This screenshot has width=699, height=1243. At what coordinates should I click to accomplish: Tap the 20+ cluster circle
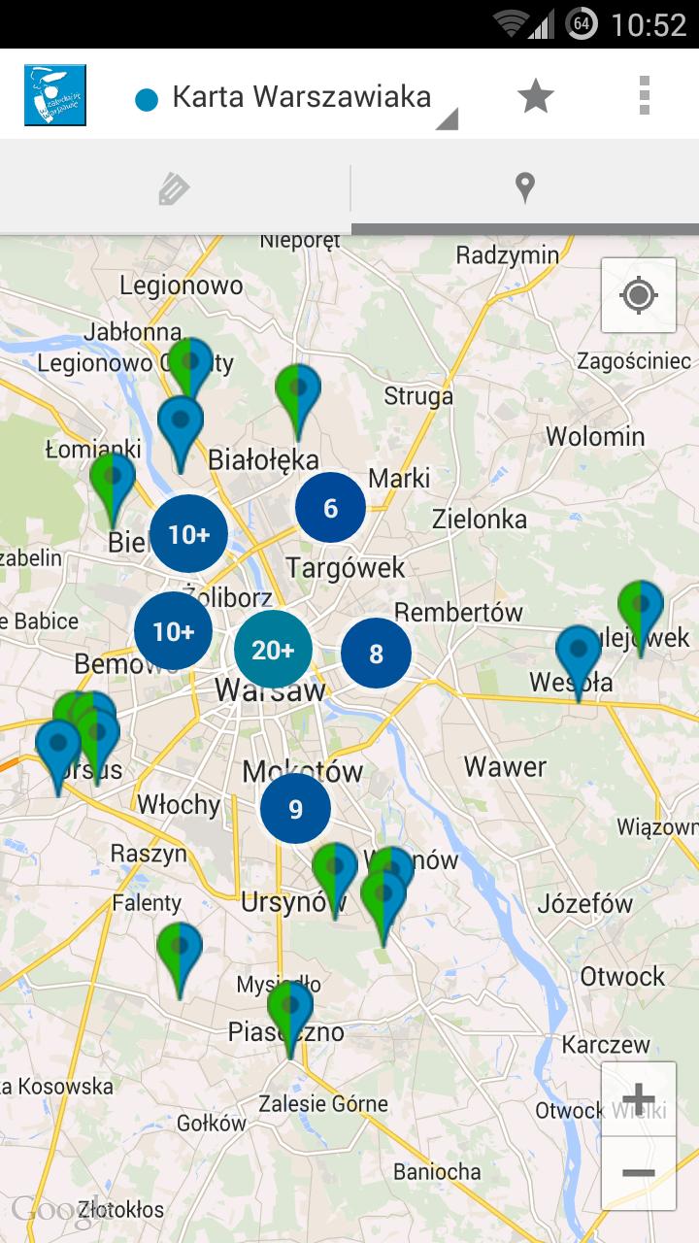click(x=273, y=650)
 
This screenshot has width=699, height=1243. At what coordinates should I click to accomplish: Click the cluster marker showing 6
click(x=330, y=508)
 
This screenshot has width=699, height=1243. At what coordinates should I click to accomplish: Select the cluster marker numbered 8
click(x=376, y=654)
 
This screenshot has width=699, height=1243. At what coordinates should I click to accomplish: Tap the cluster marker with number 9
click(x=295, y=808)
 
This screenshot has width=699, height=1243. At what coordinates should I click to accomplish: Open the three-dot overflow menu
click(x=644, y=95)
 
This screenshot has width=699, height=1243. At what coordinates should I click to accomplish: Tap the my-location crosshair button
click(x=638, y=294)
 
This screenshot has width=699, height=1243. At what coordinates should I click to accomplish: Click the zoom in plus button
click(x=638, y=1100)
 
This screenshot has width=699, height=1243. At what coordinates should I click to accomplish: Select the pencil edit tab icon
click(x=174, y=187)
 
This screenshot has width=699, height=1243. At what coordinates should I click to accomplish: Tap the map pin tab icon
click(x=524, y=187)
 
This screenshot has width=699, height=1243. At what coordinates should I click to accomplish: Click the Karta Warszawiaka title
click(x=301, y=97)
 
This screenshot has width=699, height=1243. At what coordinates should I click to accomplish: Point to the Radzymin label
click(x=508, y=255)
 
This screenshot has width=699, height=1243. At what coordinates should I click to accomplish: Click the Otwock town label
click(x=622, y=976)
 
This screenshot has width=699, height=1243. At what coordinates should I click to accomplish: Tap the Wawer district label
click(x=505, y=766)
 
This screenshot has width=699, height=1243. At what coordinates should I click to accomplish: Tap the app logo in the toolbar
click(x=55, y=95)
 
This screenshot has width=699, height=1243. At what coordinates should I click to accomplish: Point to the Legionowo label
click(x=181, y=285)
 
